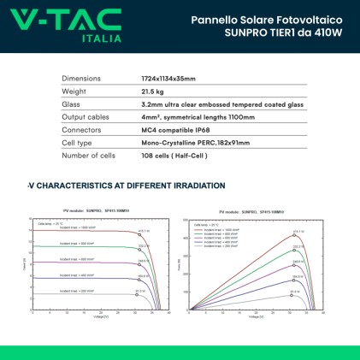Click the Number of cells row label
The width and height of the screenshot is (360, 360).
click(91, 155)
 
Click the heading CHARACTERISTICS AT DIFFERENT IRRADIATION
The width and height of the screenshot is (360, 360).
click(128, 185)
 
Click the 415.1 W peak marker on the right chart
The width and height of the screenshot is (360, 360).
click(298, 231)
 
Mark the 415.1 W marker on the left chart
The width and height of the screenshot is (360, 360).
click(144, 231)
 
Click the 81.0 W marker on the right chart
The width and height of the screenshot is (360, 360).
click(297, 292)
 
